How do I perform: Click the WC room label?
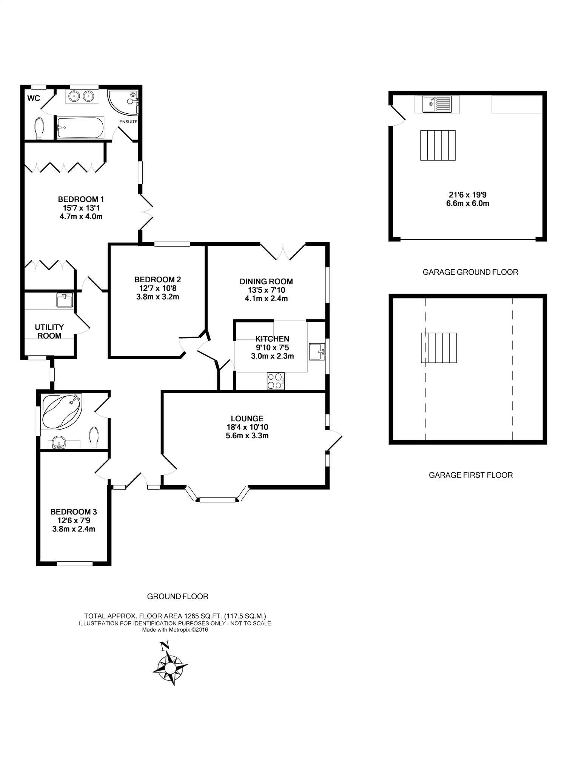(34, 98)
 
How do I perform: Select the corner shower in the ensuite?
(123, 102)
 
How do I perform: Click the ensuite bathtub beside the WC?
(80, 128)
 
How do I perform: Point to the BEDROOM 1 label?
(81, 199)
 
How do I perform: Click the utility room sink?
(65, 300)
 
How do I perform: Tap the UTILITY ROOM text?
(49, 331)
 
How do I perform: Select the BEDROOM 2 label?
(158, 280)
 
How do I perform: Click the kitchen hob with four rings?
(276, 381)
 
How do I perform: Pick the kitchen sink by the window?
(317, 352)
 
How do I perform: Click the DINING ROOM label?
(266, 281)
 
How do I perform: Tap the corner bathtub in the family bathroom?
(62, 412)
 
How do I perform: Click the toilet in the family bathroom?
(94, 437)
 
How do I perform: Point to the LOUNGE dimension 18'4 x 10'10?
(247, 427)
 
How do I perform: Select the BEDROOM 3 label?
(74, 512)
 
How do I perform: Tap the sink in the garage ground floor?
(437, 104)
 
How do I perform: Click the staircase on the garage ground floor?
(438, 145)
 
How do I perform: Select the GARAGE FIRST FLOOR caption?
(471, 475)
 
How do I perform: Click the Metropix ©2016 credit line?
(175, 630)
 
